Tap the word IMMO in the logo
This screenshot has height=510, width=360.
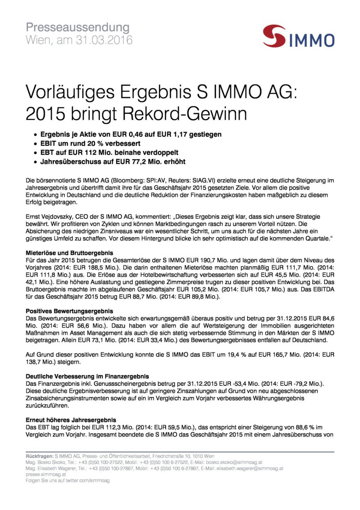[x=312, y=40]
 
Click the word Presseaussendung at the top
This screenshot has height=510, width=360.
[x=78, y=27]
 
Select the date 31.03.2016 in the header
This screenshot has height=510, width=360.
[x=104, y=40]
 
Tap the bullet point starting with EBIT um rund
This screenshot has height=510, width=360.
[x=90, y=144]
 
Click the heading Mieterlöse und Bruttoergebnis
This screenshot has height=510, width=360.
[x=69, y=253]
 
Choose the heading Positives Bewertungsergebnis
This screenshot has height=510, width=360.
[x=69, y=311]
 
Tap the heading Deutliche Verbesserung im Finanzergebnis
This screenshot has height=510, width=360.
[x=87, y=376]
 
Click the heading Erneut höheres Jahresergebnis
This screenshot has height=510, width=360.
[x=71, y=420]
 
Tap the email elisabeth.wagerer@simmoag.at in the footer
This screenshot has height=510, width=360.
[x=250, y=468]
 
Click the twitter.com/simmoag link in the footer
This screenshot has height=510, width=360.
[x=88, y=480]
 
